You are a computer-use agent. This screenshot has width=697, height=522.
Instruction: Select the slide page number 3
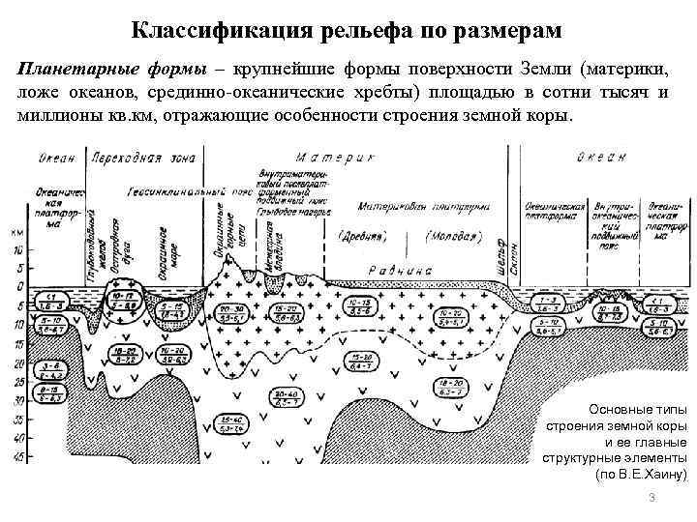pos(652,498)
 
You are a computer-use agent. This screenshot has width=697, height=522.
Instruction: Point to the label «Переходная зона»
pos(141,159)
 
